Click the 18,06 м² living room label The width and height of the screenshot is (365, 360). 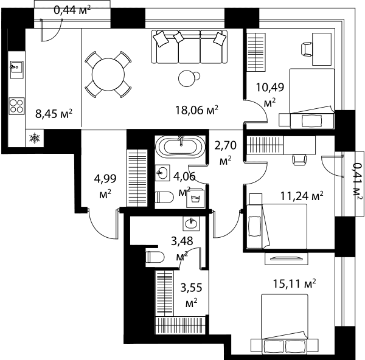pyautogui.click(x=196, y=110)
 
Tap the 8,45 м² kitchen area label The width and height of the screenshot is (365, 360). pyautogui.click(x=54, y=114)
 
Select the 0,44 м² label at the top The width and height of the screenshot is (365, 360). pyautogui.click(x=72, y=10)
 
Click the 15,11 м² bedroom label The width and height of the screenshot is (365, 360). pyautogui.click(x=294, y=283)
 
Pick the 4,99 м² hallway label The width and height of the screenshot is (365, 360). pyautogui.click(x=105, y=186)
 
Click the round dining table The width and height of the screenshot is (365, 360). pyautogui.click(x=108, y=74)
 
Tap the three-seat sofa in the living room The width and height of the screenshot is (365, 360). pyautogui.click(x=189, y=47)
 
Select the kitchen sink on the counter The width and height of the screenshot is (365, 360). pyautogui.click(x=17, y=69)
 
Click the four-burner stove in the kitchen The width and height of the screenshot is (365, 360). pyautogui.click(x=16, y=106)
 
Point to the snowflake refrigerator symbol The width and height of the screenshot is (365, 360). pyautogui.click(x=35, y=138)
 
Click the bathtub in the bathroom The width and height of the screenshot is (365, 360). pyautogui.click(x=180, y=147)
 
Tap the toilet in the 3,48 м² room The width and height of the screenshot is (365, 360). pyautogui.click(x=155, y=257)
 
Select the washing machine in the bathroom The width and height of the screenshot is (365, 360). pyautogui.click(x=195, y=198)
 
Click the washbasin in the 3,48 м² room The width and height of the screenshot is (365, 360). pyautogui.click(x=191, y=224)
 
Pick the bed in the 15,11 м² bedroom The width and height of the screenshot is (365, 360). pyautogui.click(x=285, y=324)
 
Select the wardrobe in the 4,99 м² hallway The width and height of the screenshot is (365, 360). pyautogui.click(x=137, y=178)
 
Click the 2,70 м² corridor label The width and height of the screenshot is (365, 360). pyautogui.click(x=225, y=153)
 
